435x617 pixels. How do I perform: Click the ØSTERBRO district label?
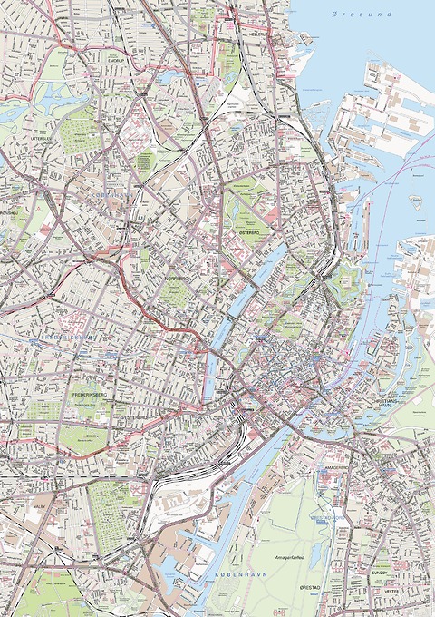pyautogui.click(x=249, y=230)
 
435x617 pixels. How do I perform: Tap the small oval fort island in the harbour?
pyautogui.click(x=416, y=202)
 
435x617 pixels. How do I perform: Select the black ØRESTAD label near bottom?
pyautogui.click(x=312, y=590)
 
